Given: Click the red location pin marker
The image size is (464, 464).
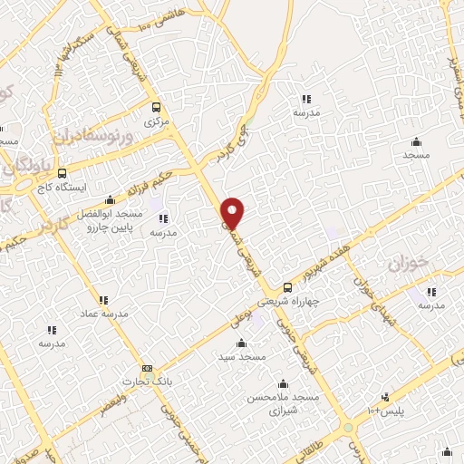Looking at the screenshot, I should (233, 212).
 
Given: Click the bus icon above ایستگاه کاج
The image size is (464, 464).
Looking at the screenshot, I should (62, 172).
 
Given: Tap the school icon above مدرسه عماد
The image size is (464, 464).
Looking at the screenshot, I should (102, 299).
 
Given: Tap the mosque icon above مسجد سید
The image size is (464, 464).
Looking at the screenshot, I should (241, 343).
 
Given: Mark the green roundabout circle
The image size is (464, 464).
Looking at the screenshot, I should (348, 428).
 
